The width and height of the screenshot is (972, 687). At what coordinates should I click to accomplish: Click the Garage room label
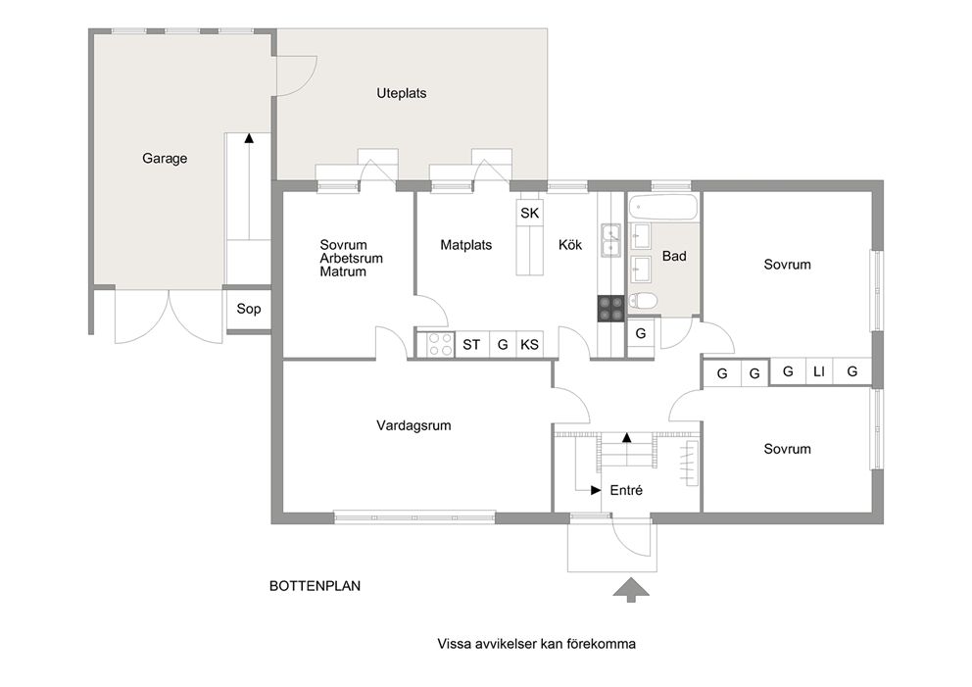pos(165,159)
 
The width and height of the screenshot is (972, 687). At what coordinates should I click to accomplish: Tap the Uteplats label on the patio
pos(402,94)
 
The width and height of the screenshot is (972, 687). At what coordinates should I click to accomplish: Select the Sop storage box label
pos(249,309)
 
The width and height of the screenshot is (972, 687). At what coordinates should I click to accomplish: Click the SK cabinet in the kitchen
pos(529,213)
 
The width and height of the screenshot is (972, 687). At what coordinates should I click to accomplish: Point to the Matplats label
pos(466,245)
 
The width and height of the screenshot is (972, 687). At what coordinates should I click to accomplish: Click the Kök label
pos(569,245)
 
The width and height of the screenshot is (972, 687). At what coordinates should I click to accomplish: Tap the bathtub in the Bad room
pos(662,208)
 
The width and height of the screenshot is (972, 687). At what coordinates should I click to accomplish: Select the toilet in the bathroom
pos(643,301)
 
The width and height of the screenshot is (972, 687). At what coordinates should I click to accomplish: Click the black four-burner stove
pos(610,308)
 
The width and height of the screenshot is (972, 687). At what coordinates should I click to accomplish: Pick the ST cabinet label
pos(471,345)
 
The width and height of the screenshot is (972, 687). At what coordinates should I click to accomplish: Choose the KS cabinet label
pos(529,345)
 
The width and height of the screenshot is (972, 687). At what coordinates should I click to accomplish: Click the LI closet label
pos(819,371)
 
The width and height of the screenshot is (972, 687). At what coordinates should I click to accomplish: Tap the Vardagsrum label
pos(413,426)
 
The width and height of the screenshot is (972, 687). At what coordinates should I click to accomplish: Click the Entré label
pos(626,490)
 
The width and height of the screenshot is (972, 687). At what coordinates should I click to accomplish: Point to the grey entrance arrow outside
pos(631,590)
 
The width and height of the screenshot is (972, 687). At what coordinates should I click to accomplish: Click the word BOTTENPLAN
pos(315,586)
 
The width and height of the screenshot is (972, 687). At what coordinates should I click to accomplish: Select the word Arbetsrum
pos(351,259)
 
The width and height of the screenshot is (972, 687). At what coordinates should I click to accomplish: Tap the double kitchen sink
pos(610,240)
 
